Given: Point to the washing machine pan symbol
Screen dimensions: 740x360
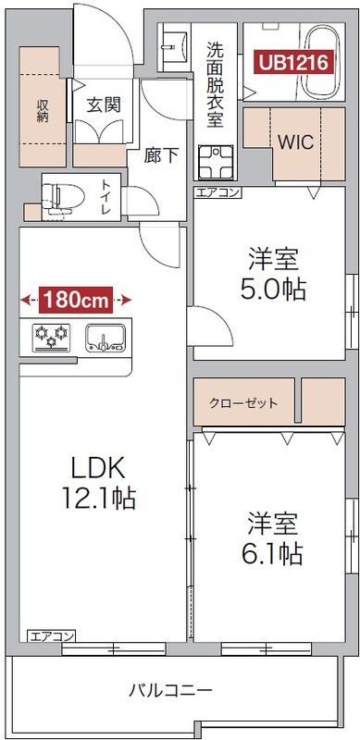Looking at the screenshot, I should coord(214,162).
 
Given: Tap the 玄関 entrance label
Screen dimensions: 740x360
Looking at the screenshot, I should coord(103,105).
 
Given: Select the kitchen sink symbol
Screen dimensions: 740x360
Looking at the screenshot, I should coord(105,338).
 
